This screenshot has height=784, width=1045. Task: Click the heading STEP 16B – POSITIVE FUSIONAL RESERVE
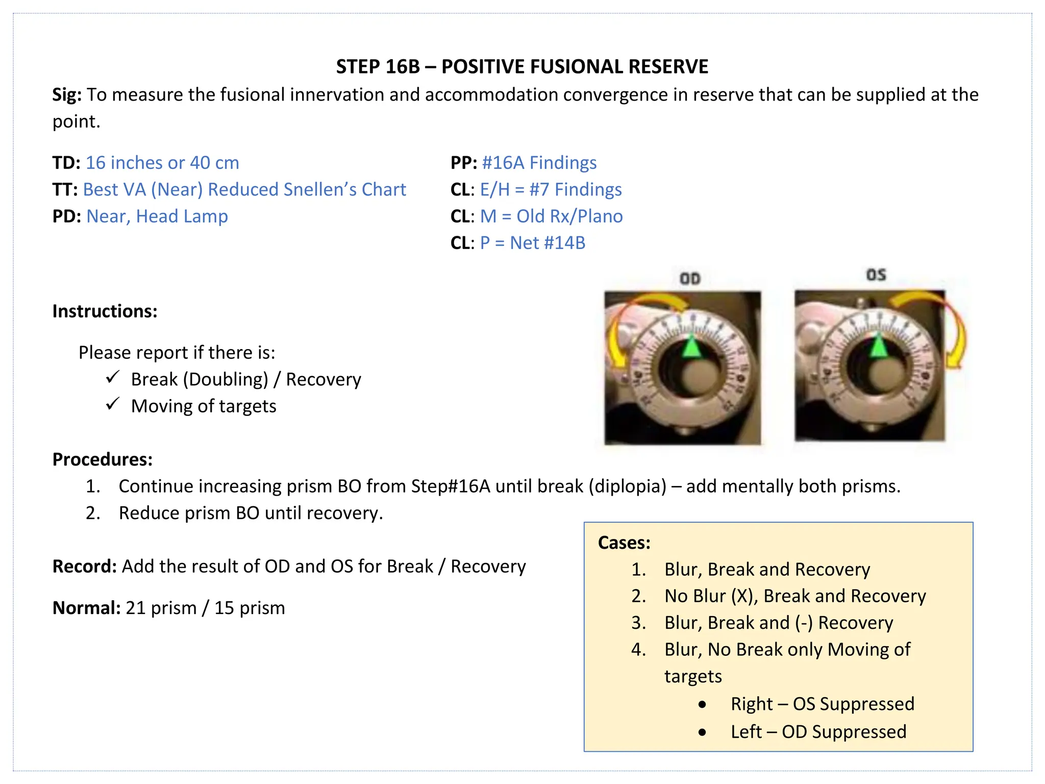522,67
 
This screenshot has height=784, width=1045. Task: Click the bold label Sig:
67,95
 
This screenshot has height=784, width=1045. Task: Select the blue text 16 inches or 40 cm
162,163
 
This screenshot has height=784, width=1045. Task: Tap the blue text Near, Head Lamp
157,216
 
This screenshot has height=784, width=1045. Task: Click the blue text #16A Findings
539,163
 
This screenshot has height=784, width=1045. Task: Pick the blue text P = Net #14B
532,243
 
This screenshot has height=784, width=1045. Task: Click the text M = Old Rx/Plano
551,216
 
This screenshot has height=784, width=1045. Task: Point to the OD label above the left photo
690,279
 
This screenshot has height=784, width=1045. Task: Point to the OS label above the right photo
876,275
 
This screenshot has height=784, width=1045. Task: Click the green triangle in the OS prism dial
878,347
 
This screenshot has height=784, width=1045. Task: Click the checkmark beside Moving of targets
113,405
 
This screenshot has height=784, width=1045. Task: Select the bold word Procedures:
103,459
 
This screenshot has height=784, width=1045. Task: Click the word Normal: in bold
86,608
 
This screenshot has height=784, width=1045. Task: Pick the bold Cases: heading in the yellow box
624,543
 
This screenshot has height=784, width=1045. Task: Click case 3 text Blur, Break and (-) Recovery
779,623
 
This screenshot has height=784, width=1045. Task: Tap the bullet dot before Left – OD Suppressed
703,732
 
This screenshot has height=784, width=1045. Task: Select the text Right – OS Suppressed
822,704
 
